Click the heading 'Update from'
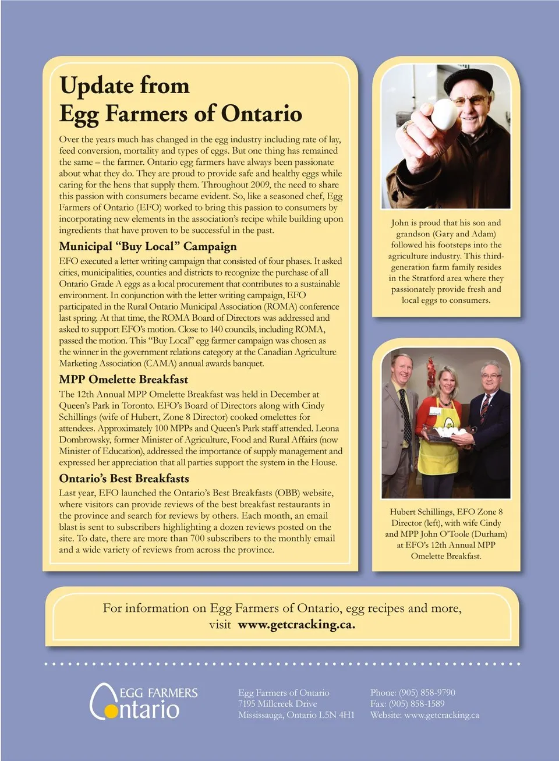click(125, 86)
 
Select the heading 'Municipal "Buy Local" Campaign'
click(148, 246)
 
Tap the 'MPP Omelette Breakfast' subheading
click(123, 380)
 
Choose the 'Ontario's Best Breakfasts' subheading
click(124, 479)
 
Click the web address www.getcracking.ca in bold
click(296, 625)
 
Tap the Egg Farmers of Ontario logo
click(143, 702)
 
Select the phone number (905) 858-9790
click(427, 692)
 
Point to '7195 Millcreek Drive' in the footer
click(277, 703)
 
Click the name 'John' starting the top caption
click(399, 223)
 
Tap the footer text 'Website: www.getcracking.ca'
click(424, 715)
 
